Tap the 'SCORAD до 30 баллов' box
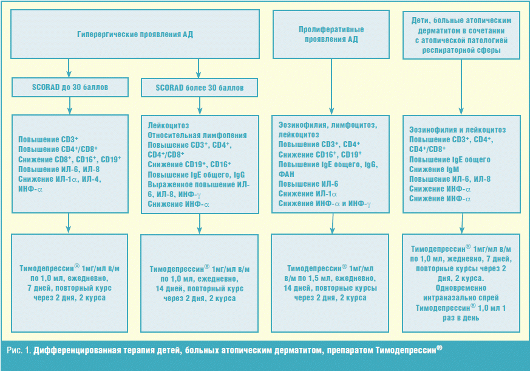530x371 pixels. coord(69,88)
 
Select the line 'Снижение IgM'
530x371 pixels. coord(432,169)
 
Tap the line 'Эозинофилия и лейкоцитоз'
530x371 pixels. coord(457,130)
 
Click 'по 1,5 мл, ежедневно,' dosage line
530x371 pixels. coord(330,278)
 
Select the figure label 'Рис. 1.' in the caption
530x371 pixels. coord(19,351)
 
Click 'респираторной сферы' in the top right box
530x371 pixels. coord(462,50)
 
